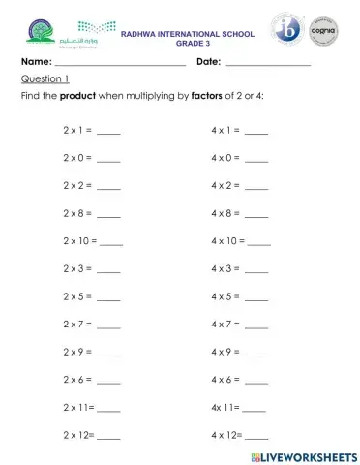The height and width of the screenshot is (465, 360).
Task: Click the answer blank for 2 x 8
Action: click(109, 215)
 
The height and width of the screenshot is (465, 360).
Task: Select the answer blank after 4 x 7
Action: click(256, 326)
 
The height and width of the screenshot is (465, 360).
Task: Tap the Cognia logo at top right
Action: click(321, 31)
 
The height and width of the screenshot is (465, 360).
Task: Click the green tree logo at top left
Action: click(36, 34)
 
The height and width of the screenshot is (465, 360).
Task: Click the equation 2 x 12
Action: click(78, 435)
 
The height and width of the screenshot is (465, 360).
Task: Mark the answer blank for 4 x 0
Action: click(256, 159)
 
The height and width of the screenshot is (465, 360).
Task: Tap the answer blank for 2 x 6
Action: click(109, 383)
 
